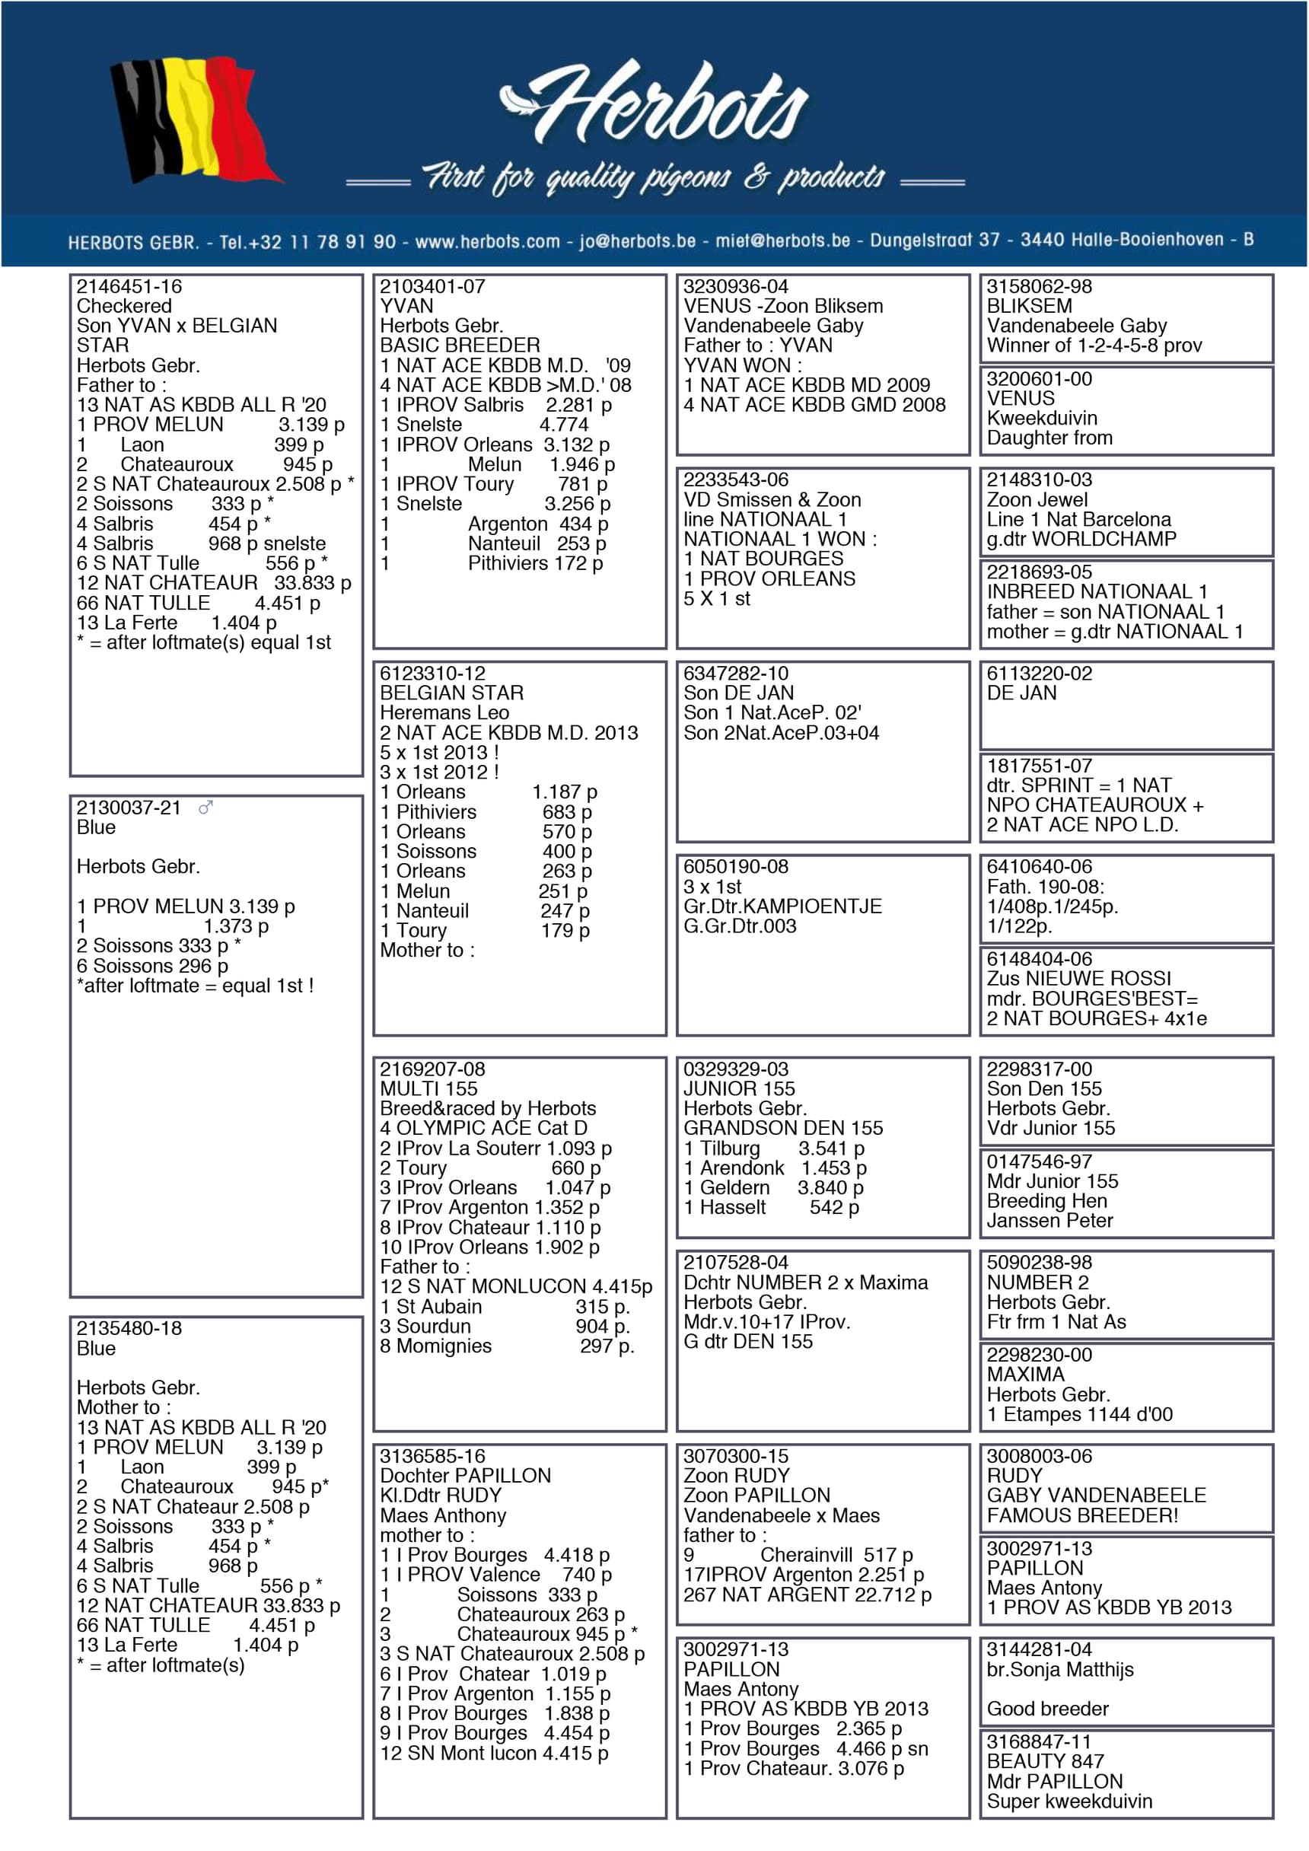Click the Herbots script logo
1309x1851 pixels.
click(654, 105)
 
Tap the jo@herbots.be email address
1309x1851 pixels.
click(637, 241)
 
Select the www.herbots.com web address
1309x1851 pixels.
click(487, 241)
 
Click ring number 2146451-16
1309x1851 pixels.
click(129, 286)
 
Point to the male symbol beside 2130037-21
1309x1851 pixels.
click(205, 807)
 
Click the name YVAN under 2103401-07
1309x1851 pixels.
click(406, 307)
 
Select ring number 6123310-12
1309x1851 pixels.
click(432, 673)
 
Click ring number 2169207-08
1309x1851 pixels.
click(432, 1069)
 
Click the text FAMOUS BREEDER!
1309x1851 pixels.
click(1081, 1515)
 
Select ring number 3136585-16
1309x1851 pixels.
click(432, 1456)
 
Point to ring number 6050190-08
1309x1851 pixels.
click(736, 867)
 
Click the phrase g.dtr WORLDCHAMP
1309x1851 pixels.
click(1081, 539)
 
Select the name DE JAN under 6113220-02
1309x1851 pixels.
click(1021, 693)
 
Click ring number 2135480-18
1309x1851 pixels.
click(129, 1329)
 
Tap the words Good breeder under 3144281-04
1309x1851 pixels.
click(1047, 1709)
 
